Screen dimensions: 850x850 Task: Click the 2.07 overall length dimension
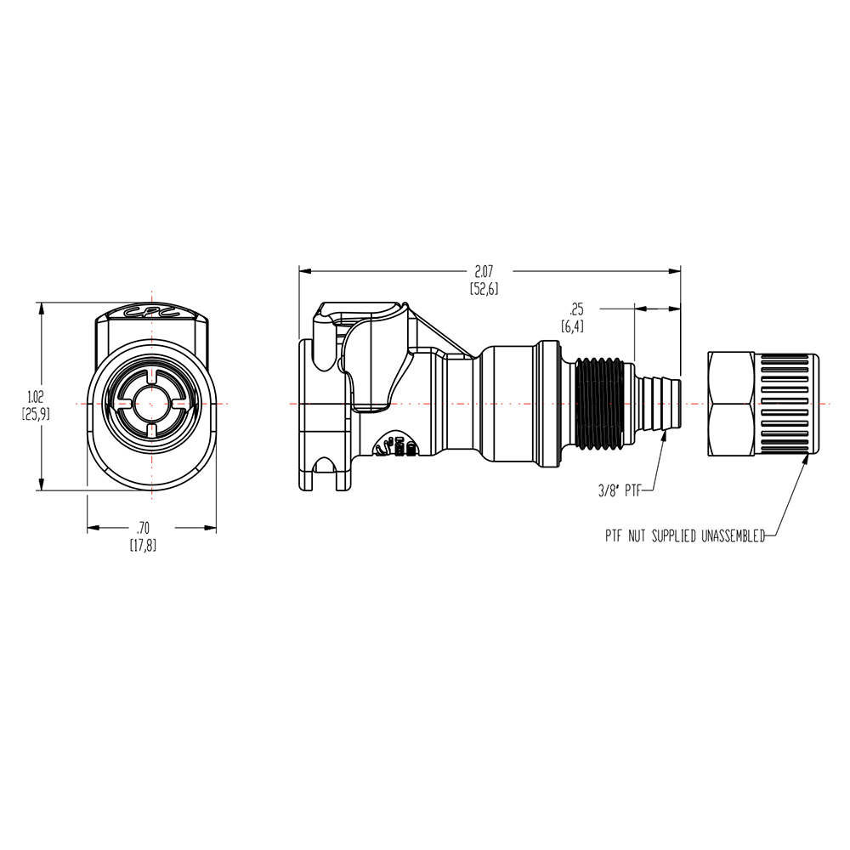tap(484, 272)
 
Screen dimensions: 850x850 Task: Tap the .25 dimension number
tap(576, 309)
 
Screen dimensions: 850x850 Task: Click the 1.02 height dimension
tap(36, 396)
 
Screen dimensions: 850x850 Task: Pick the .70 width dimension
tap(143, 528)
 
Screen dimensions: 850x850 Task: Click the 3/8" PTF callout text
tap(620, 491)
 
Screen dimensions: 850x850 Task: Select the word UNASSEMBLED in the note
tap(733, 536)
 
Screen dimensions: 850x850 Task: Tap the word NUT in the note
tap(637, 536)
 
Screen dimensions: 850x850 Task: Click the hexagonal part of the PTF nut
tap(731, 404)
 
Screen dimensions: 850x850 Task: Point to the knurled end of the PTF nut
tap(786, 404)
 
